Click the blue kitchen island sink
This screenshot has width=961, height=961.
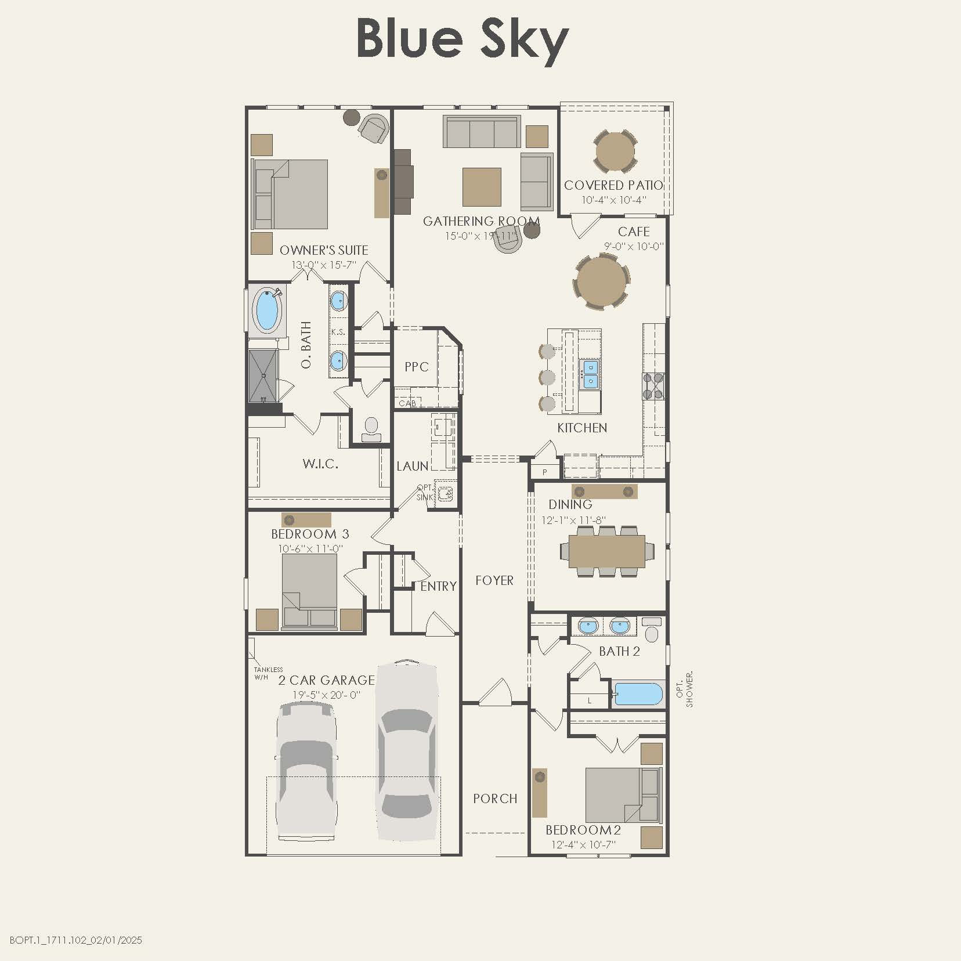coord(590,373)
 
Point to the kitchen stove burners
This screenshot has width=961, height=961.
coord(653,386)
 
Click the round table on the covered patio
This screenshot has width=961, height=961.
coord(615,151)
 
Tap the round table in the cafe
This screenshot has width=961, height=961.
coord(601,283)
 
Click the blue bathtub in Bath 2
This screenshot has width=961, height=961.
coord(638,694)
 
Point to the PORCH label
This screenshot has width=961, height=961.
coord(495,799)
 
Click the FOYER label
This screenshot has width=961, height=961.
coord(494,580)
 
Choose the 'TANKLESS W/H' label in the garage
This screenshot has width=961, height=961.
coord(268,673)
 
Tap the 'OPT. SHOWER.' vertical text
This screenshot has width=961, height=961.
coord(685,689)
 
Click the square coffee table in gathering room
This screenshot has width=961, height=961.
coord(482,187)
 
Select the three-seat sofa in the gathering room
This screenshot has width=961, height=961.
coord(481,133)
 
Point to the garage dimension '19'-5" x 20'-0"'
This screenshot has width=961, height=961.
coord(327,695)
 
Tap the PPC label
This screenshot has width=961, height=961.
coord(417,367)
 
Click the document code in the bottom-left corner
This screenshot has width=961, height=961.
coord(76,940)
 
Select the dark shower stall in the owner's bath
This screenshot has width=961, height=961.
coord(263,375)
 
